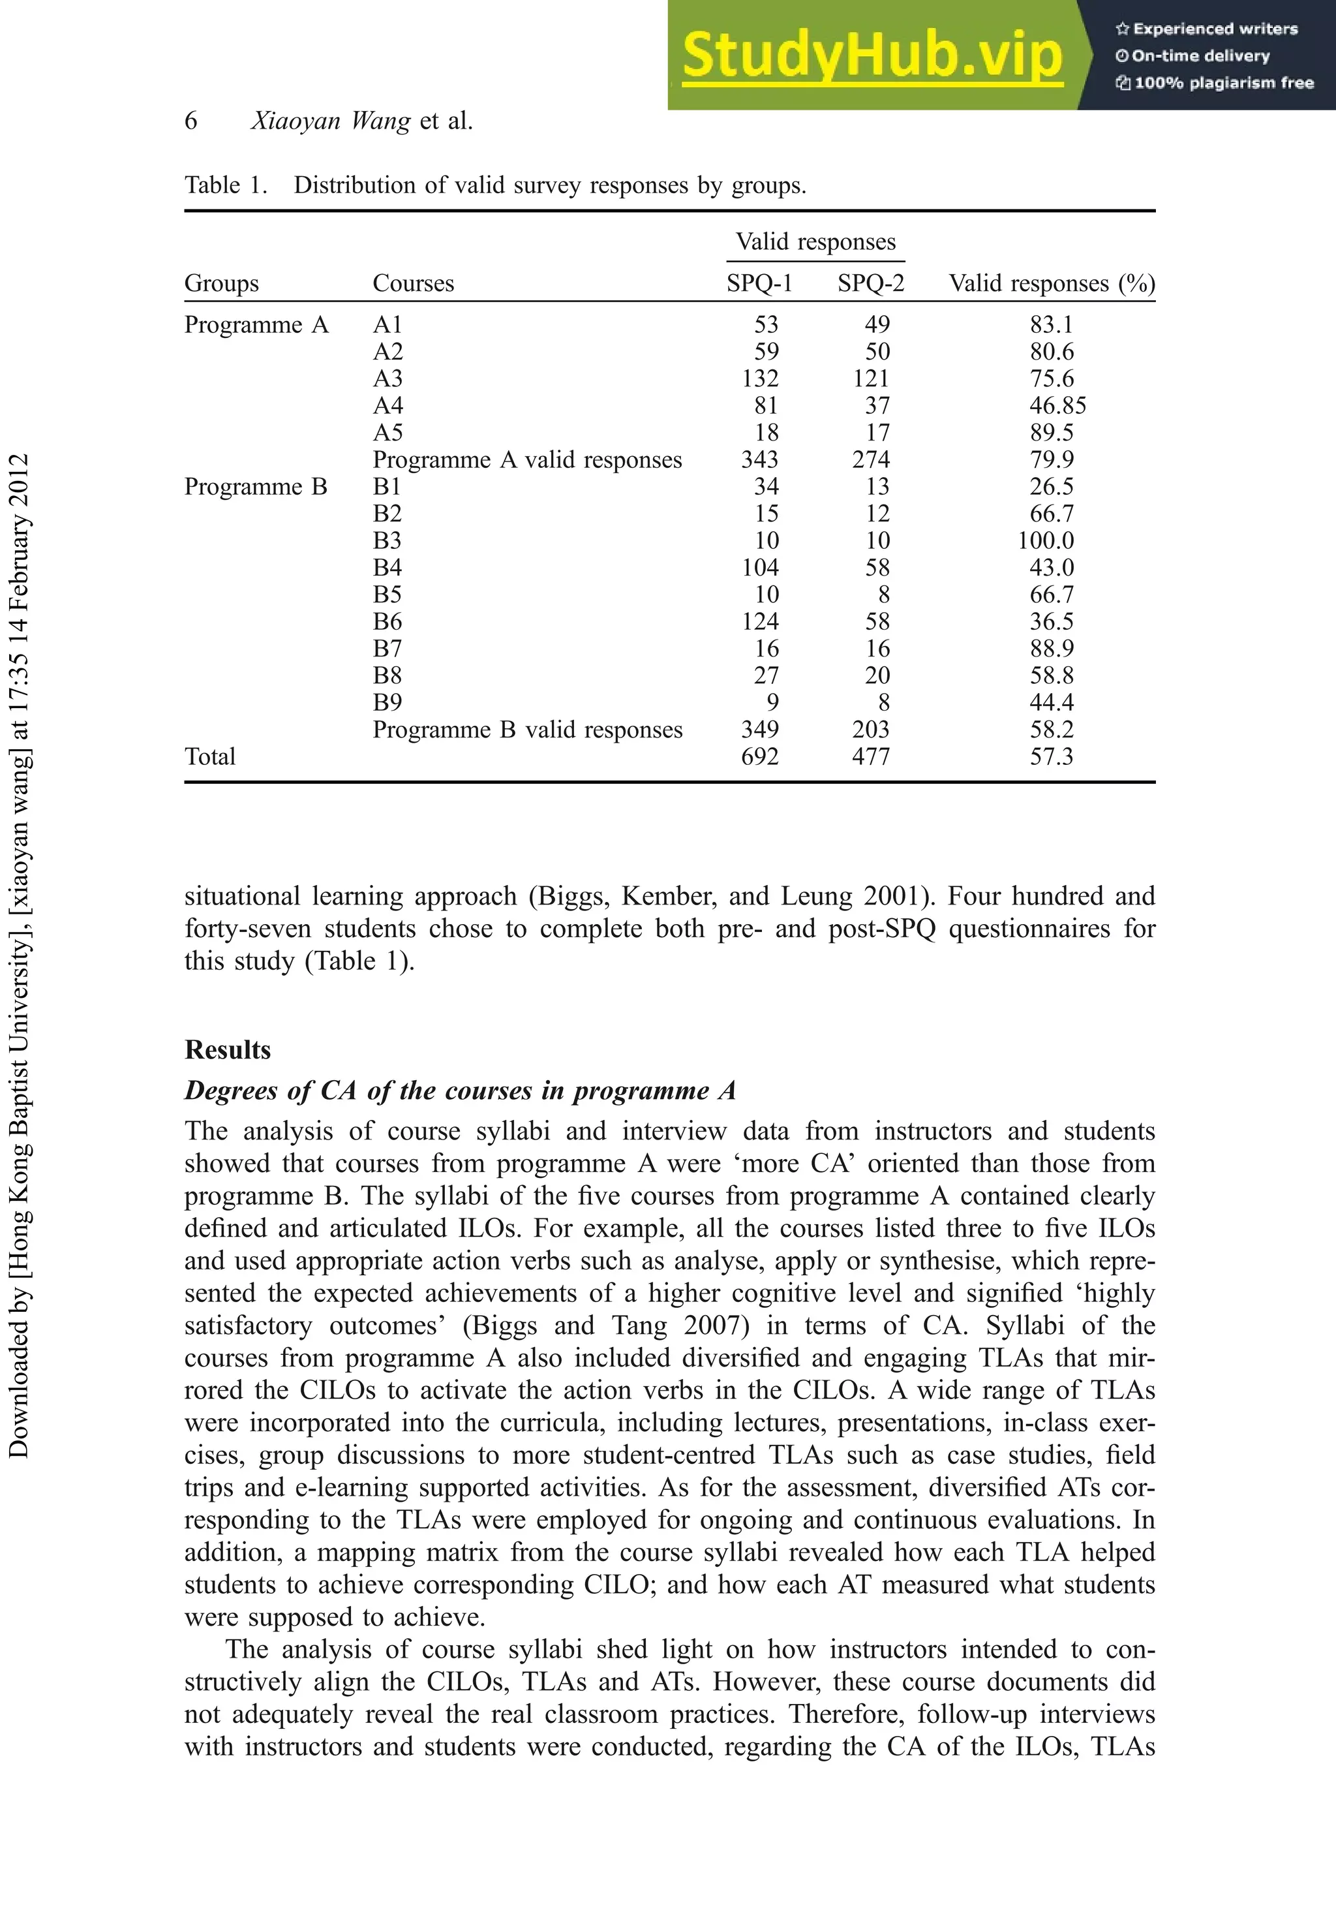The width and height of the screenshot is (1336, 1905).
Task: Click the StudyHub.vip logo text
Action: pos(872,55)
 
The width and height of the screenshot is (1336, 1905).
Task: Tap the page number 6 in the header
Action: pos(190,121)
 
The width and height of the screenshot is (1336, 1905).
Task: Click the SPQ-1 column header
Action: pos(759,284)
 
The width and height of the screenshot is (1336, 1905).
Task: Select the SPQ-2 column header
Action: pos(870,284)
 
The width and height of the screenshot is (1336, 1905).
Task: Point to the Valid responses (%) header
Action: pos(1052,284)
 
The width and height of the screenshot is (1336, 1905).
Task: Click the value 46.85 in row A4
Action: pos(1057,406)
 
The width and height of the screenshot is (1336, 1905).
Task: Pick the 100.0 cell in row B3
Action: pos(1046,541)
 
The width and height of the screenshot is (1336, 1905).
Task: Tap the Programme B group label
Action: pos(256,487)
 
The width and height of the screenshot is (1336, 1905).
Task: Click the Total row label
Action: pos(210,756)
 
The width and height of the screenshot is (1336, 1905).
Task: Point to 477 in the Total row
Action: pos(871,756)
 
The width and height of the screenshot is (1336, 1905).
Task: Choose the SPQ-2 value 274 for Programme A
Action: pos(871,459)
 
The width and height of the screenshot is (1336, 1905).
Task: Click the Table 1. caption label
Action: pos(226,185)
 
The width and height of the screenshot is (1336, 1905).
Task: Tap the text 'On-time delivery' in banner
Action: pos(1200,56)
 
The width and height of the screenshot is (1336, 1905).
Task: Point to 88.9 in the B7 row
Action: pos(1052,649)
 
